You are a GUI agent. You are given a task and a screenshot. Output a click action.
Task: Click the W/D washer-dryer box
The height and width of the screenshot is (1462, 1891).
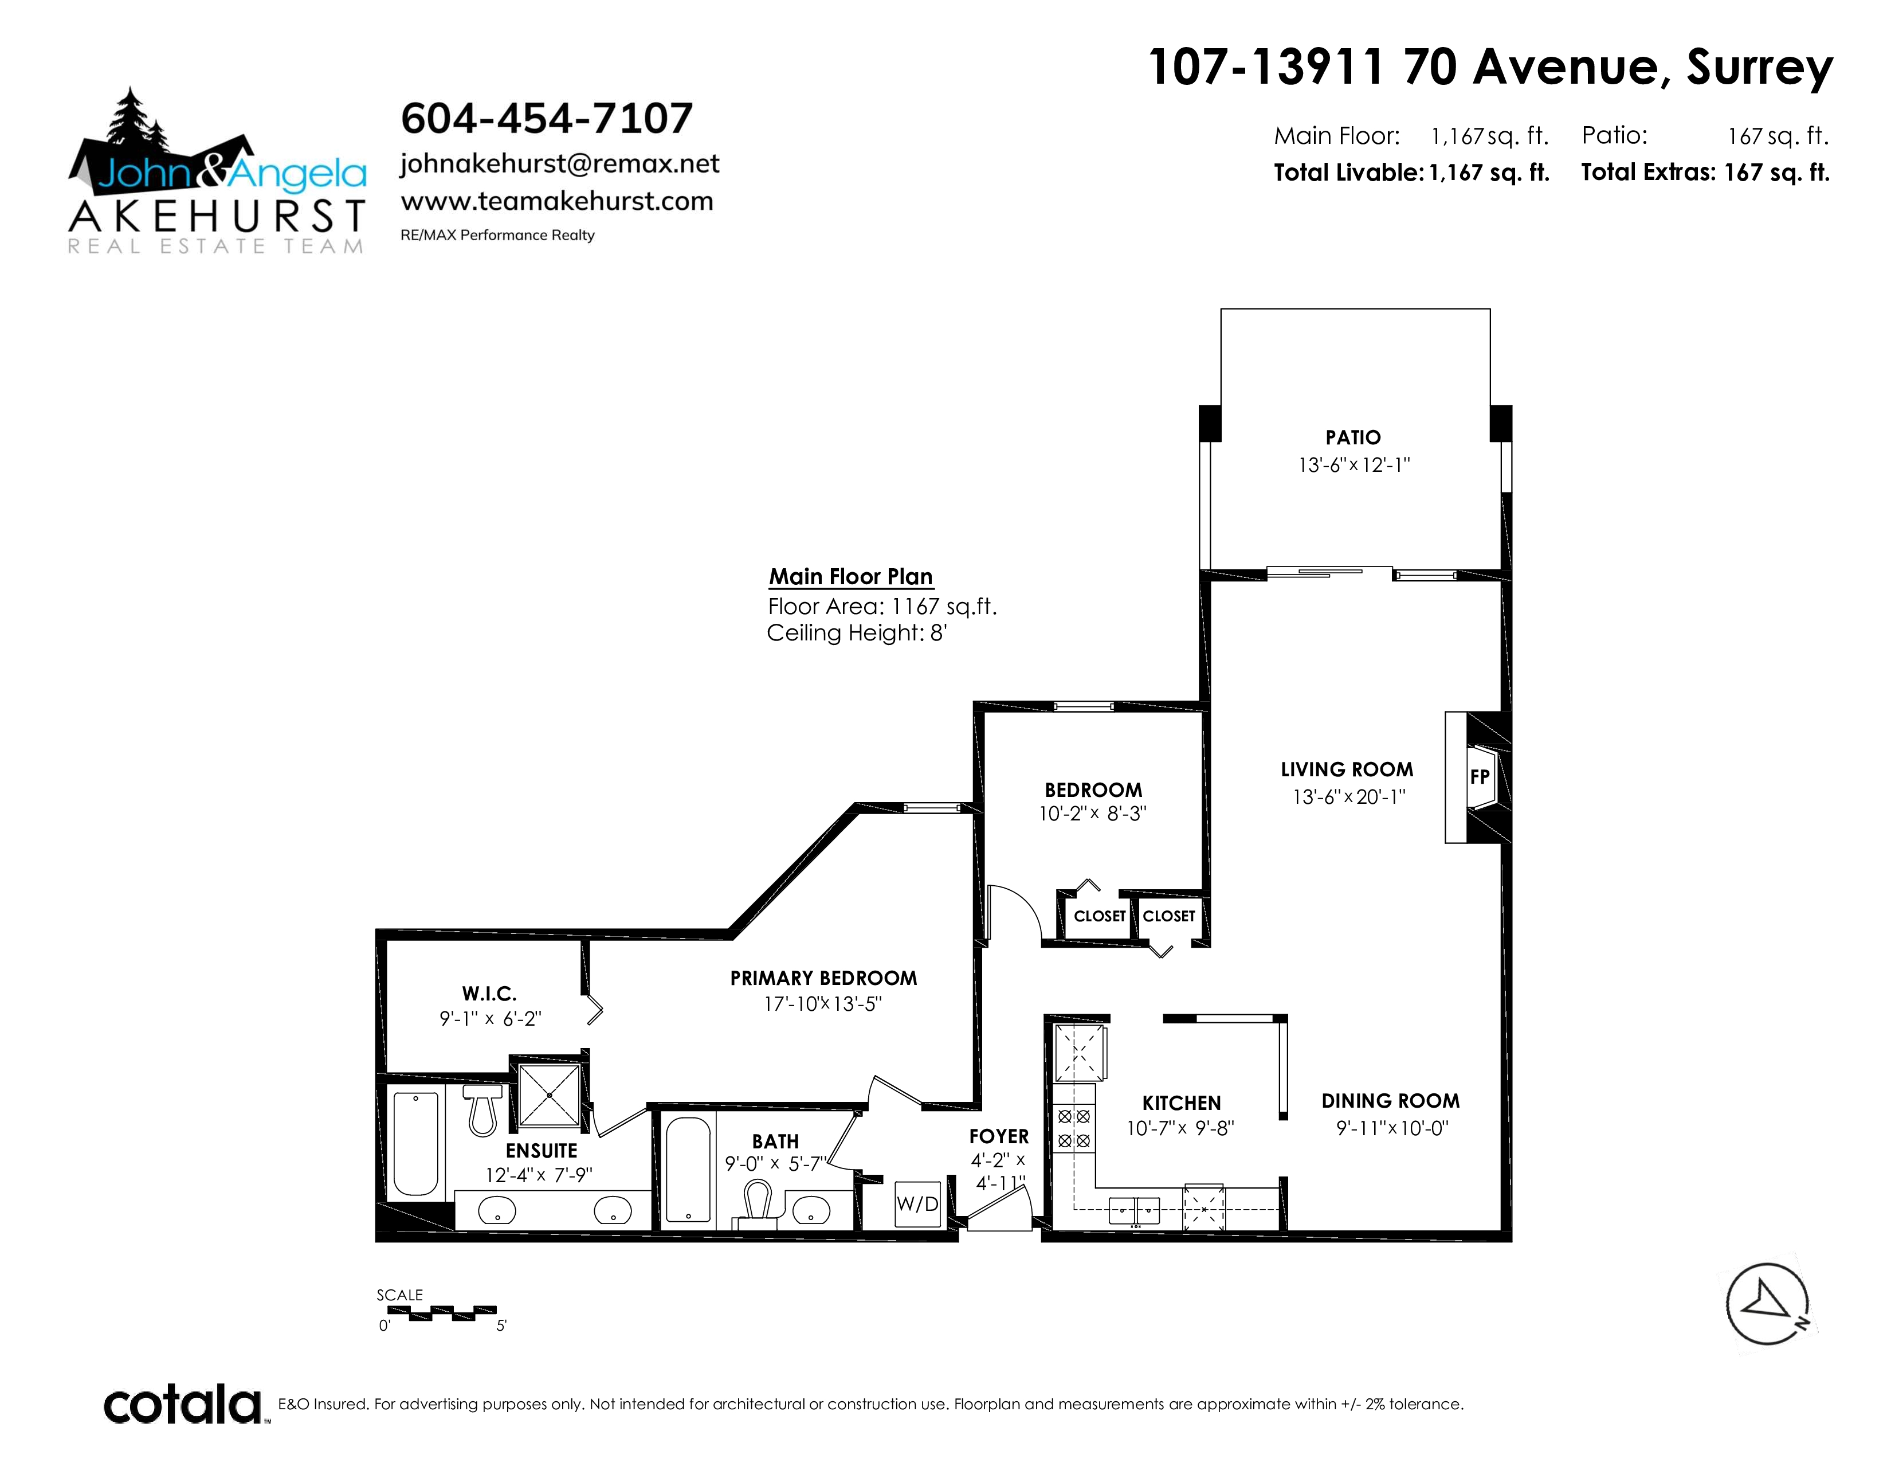pos(917,1204)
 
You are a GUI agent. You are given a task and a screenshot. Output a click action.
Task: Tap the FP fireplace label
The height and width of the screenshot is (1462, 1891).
pos(1480,777)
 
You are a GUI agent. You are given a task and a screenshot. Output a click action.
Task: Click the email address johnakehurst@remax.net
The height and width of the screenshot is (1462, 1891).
pos(559,164)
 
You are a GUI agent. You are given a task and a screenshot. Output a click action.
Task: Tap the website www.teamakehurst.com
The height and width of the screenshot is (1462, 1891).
pos(557,201)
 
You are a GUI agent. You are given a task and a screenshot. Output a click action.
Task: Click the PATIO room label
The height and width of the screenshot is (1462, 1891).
pos(1353,437)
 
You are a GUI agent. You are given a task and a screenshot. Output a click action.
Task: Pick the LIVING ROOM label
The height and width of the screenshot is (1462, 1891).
pos(1347,769)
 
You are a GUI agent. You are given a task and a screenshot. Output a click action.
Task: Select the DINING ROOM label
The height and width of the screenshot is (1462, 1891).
pos(1391,1101)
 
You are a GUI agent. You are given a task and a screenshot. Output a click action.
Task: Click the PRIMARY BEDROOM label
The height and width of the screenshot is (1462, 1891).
pos(823,978)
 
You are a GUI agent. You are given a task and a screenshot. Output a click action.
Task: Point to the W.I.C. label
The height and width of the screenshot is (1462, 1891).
pos(489,994)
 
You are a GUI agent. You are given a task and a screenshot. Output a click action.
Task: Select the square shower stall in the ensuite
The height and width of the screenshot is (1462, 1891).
pos(549,1096)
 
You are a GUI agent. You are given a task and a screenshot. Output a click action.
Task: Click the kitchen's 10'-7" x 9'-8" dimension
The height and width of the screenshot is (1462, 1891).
pos(1180,1128)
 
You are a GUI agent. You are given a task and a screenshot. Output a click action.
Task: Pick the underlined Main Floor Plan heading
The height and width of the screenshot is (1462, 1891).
pos(851,577)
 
